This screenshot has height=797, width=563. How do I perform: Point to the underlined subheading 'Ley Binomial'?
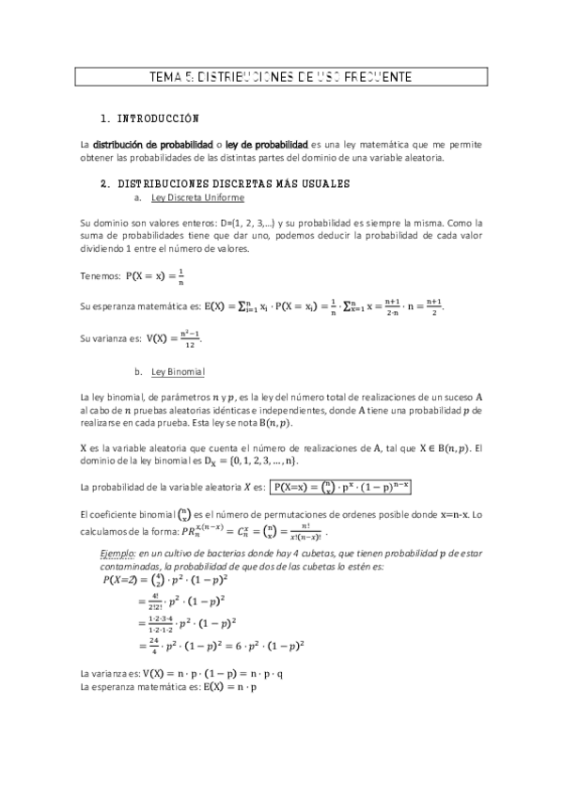pos(177,371)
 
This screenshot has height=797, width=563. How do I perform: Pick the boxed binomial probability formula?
pos(342,486)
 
